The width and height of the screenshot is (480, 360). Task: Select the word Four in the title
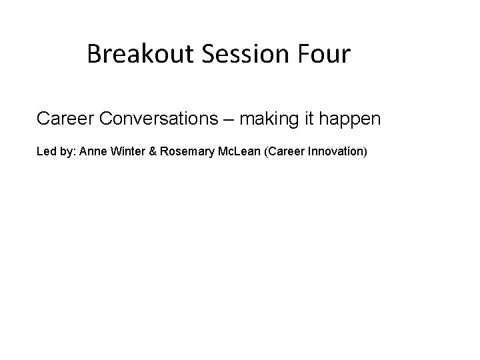[x=325, y=54]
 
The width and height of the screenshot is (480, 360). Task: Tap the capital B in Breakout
[x=93, y=54]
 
